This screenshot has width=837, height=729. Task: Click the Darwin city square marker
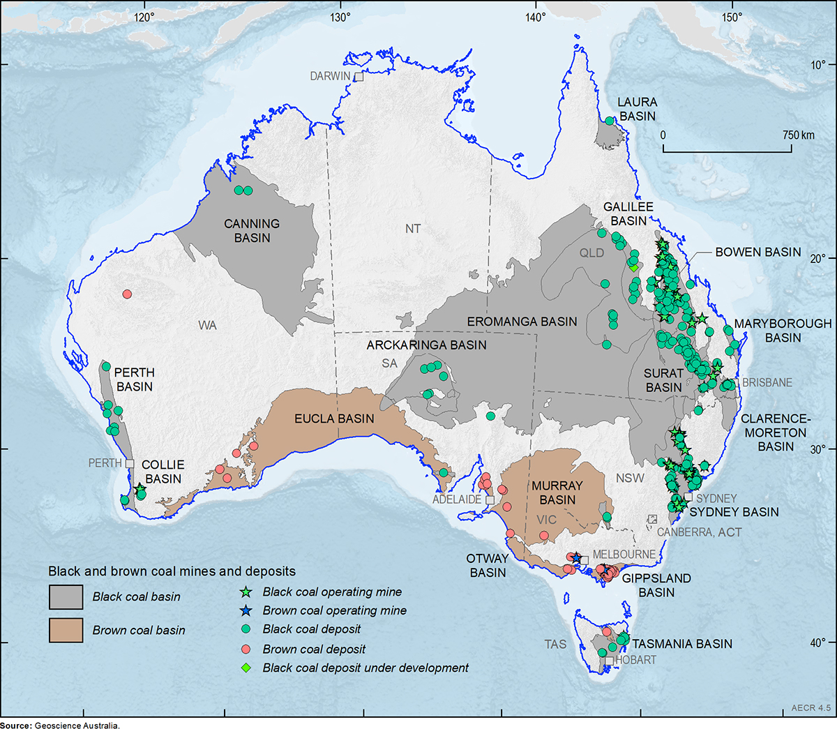tap(359, 77)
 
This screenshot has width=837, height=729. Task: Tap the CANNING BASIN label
tap(252, 231)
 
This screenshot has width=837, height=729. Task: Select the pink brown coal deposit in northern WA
tap(127, 294)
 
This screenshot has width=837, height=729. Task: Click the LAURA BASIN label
tap(638, 109)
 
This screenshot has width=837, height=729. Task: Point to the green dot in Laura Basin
tap(609, 121)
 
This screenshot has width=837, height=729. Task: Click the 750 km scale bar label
tap(798, 135)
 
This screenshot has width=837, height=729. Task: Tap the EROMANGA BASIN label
tap(522, 322)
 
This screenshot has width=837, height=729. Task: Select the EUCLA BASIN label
tap(334, 419)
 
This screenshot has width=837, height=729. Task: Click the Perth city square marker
tap(130, 463)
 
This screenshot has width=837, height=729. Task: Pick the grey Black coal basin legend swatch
tap(66, 597)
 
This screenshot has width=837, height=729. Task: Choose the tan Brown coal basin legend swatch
tap(66, 630)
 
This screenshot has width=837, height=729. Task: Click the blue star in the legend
tap(245, 610)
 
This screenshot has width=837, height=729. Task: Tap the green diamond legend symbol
tap(245, 668)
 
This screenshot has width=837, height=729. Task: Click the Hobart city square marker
tap(610, 660)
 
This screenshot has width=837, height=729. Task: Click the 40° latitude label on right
tap(817, 642)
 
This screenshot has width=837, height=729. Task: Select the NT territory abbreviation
tap(412, 229)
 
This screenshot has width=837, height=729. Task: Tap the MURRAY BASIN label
tap(557, 493)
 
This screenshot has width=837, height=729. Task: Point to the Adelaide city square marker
tap(490, 500)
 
